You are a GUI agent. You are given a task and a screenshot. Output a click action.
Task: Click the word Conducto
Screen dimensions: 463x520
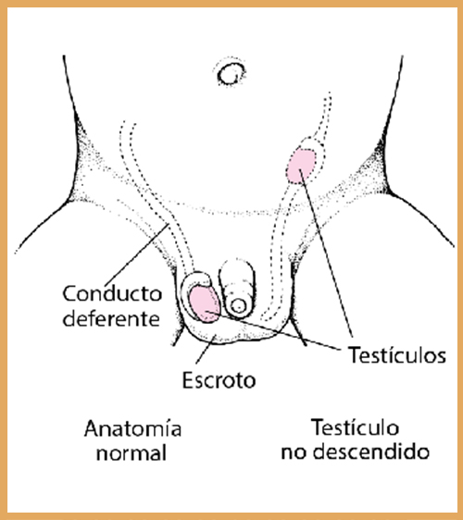112,294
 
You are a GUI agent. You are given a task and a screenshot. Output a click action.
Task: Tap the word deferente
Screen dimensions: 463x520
111,318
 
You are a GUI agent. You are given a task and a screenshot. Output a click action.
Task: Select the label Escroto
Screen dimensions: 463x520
219,380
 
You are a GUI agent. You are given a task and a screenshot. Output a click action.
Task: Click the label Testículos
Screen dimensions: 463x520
396,354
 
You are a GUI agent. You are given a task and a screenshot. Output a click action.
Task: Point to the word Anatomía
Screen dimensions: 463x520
132,428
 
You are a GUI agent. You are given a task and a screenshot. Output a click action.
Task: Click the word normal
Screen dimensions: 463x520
131,453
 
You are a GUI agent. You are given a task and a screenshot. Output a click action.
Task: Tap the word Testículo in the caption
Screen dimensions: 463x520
356,427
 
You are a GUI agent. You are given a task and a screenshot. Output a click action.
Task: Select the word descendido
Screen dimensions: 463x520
371,452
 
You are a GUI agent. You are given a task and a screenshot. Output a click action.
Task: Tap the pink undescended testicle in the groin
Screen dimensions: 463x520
300,166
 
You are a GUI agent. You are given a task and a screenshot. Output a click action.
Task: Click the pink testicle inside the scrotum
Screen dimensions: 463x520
204,304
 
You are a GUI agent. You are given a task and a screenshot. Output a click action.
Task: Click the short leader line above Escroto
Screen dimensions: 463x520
206,350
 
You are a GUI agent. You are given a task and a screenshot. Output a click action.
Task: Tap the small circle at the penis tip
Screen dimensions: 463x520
238,305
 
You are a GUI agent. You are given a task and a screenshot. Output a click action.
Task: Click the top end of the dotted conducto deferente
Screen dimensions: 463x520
128,123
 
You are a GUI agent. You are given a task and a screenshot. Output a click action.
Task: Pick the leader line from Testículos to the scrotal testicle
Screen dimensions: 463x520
273,330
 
